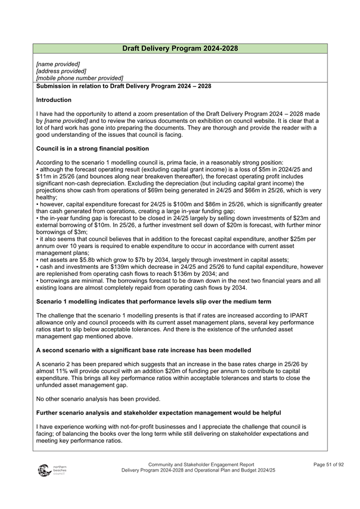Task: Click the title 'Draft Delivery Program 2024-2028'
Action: (180, 49)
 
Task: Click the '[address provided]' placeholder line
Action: (61, 71)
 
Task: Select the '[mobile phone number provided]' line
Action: (79, 78)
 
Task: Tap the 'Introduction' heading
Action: (54, 100)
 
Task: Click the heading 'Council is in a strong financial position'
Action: (92, 148)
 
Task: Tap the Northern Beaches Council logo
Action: (52, 470)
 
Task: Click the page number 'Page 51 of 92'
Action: (329, 464)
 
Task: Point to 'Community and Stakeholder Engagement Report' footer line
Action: (201, 464)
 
